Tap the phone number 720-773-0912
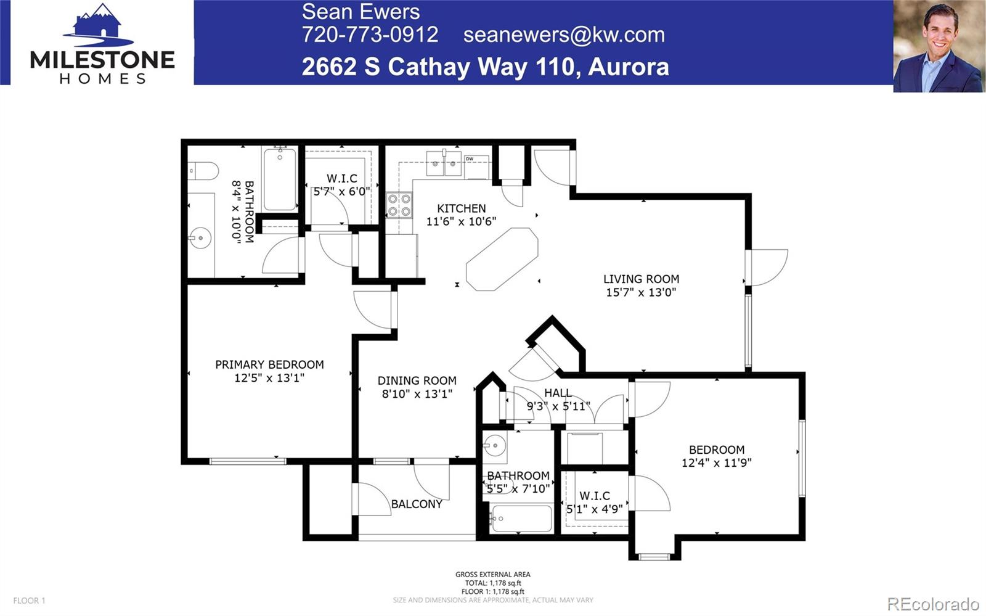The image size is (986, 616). click(x=370, y=35)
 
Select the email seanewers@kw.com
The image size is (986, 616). click(x=564, y=35)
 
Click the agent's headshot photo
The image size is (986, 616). click(x=939, y=47)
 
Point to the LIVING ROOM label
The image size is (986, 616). click(x=641, y=279)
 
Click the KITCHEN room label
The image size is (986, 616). click(x=462, y=208)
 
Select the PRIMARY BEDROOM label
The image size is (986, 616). click(x=269, y=364)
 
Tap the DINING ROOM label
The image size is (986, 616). click(x=417, y=380)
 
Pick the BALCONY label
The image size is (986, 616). click(x=417, y=504)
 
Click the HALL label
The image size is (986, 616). click(x=558, y=393)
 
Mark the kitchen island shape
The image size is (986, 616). click(x=502, y=259)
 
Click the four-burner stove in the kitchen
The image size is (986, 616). click(x=399, y=205)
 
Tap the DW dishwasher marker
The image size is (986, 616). click(x=470, y=159)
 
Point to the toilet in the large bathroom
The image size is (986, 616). click(x=203, y=170)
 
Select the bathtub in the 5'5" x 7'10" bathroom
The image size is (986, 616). click(x=522, y=519)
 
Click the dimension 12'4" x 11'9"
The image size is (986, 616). click(x=716, y=462)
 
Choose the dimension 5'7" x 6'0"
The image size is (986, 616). click(x=342, y=191)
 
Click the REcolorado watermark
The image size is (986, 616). click(x=933, y=603)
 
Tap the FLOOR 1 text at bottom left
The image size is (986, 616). click(x=30, y=601)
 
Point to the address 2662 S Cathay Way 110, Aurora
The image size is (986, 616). click(x=485, y=67)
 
